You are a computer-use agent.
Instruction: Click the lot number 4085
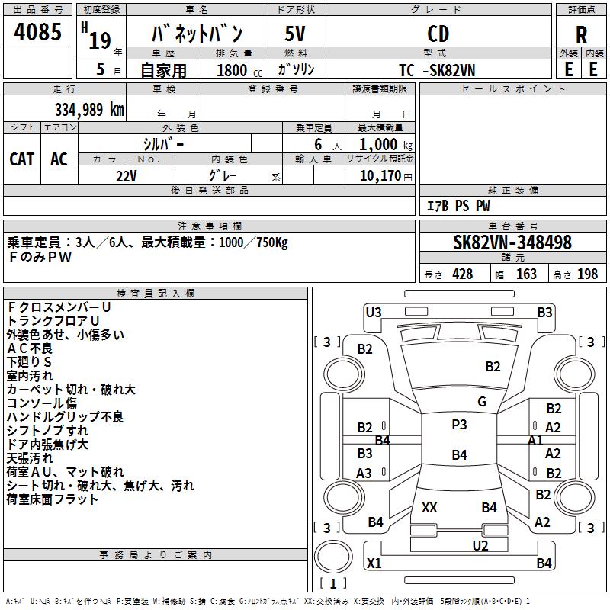[37, 31]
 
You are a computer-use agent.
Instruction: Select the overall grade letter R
[581, 35]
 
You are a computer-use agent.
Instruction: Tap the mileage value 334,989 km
[89, 110]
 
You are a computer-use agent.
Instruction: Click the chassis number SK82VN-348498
[512, 242]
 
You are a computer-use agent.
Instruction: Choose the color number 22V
[127, 176]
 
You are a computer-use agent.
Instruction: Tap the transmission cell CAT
[22, 159]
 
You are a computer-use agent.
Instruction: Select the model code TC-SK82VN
[437, 70]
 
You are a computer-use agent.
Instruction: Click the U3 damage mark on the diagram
[374, 313]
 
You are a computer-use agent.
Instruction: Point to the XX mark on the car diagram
[429, 507]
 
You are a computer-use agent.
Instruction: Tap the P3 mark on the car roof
[459, 425]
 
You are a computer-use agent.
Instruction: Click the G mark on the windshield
[482, 401]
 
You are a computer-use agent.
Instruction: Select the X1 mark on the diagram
[374, 563]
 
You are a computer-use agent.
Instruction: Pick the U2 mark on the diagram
[480, 545]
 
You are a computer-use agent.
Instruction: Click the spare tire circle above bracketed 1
[333, 557]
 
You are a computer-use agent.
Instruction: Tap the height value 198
[587, 274]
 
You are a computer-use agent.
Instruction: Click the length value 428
[463, 274]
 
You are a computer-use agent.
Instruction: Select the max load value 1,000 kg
[386, 144]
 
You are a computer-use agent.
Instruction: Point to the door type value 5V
[295, 34]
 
